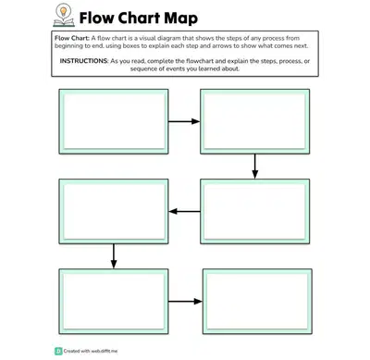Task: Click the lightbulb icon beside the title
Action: click(x=64, y=15)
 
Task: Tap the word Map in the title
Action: click(x=180, y=19)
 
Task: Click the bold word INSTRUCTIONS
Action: click(x=84, y=61)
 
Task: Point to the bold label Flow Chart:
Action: click(x=72, y=38)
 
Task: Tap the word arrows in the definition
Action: click(x=222, y=46)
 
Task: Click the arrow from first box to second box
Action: click(x=184, y=121)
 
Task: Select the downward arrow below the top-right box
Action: click(x=254, y=167)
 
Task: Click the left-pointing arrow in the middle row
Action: click(x=184, y=211)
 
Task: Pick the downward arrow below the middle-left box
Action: click(x=114, y=256)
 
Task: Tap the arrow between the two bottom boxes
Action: click(x=185, y=302)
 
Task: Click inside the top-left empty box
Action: click(x=114, y=121)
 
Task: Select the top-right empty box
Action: click(x=255, y=121)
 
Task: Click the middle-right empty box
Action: click(x=255, y=211)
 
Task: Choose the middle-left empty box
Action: click(x=114, y=211)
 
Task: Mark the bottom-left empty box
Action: click(x=114, y=302)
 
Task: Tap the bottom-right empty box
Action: click(x=257, y=302)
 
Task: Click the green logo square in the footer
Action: click(x=58, y=351)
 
